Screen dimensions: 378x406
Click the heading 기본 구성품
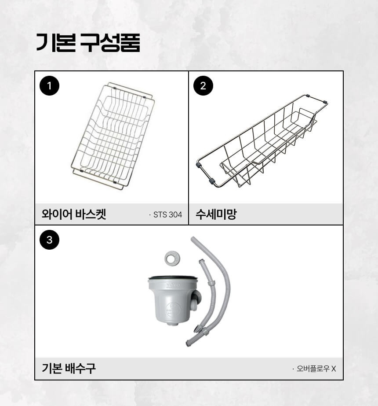point(88,43)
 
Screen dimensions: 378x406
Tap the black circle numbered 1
point(49,86)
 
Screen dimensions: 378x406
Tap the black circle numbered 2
point(204,86)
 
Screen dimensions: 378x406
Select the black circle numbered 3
point(49,240)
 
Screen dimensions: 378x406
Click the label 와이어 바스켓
point(74,214)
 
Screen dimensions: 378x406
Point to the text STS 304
point(168,214)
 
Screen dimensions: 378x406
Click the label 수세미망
point(216,214)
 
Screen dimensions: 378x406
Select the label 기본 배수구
point(69,368)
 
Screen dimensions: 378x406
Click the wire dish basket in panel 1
point(113,136)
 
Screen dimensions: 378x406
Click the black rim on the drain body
point(173,277)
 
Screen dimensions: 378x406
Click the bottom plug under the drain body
point(173,323)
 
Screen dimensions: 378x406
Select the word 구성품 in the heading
point(110,43)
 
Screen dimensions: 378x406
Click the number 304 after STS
point(176,214)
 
